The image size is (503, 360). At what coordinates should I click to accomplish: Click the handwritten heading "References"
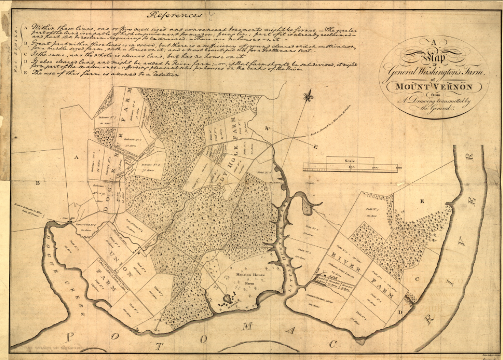click(x=174, y=15)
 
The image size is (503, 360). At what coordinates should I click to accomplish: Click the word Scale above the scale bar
click(x=350, y=161)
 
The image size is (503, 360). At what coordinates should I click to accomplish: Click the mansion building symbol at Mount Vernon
click(x=227, y=299)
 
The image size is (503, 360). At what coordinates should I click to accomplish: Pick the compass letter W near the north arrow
click(x=267, y=128)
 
